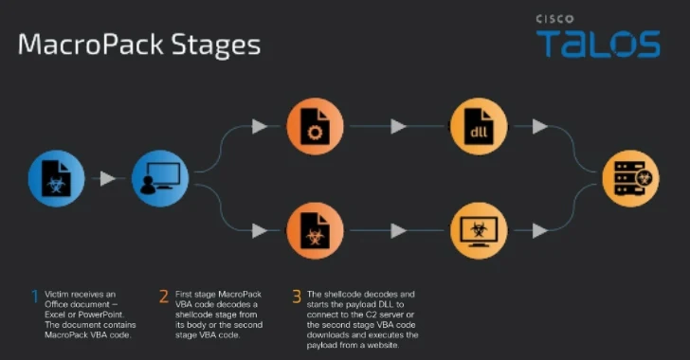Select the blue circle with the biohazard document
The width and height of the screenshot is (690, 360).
point(57,177)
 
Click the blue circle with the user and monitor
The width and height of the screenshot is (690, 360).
point(154,177)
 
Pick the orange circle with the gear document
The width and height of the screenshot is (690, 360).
point(315,125)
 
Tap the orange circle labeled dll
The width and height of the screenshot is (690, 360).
point(479,125)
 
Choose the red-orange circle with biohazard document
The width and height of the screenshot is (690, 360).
point(315,229)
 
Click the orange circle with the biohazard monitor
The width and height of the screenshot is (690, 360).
point(479,229)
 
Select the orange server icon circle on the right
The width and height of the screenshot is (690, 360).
point(631,177)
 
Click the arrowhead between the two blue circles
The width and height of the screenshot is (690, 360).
point(108,178)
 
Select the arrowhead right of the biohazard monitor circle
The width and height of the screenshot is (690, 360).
point(539,230)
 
